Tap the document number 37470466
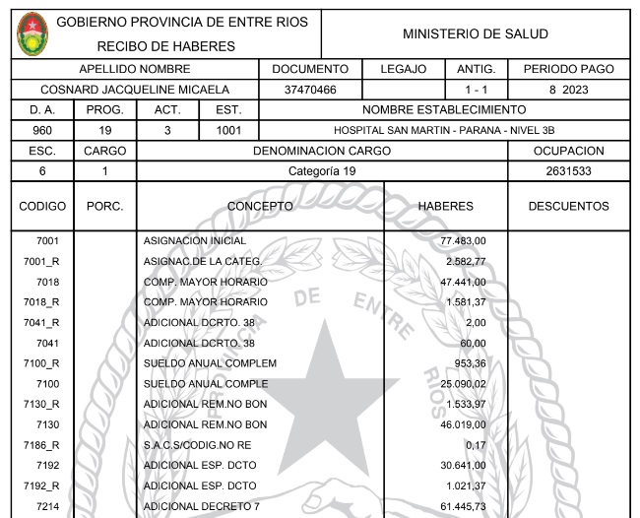click(310, 90)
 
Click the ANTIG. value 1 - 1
click(476, 90)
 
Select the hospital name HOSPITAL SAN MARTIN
click(444, 130)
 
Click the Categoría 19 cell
click(321, 171)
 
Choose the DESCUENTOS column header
click(568, 207)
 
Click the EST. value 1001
click(228, 130)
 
